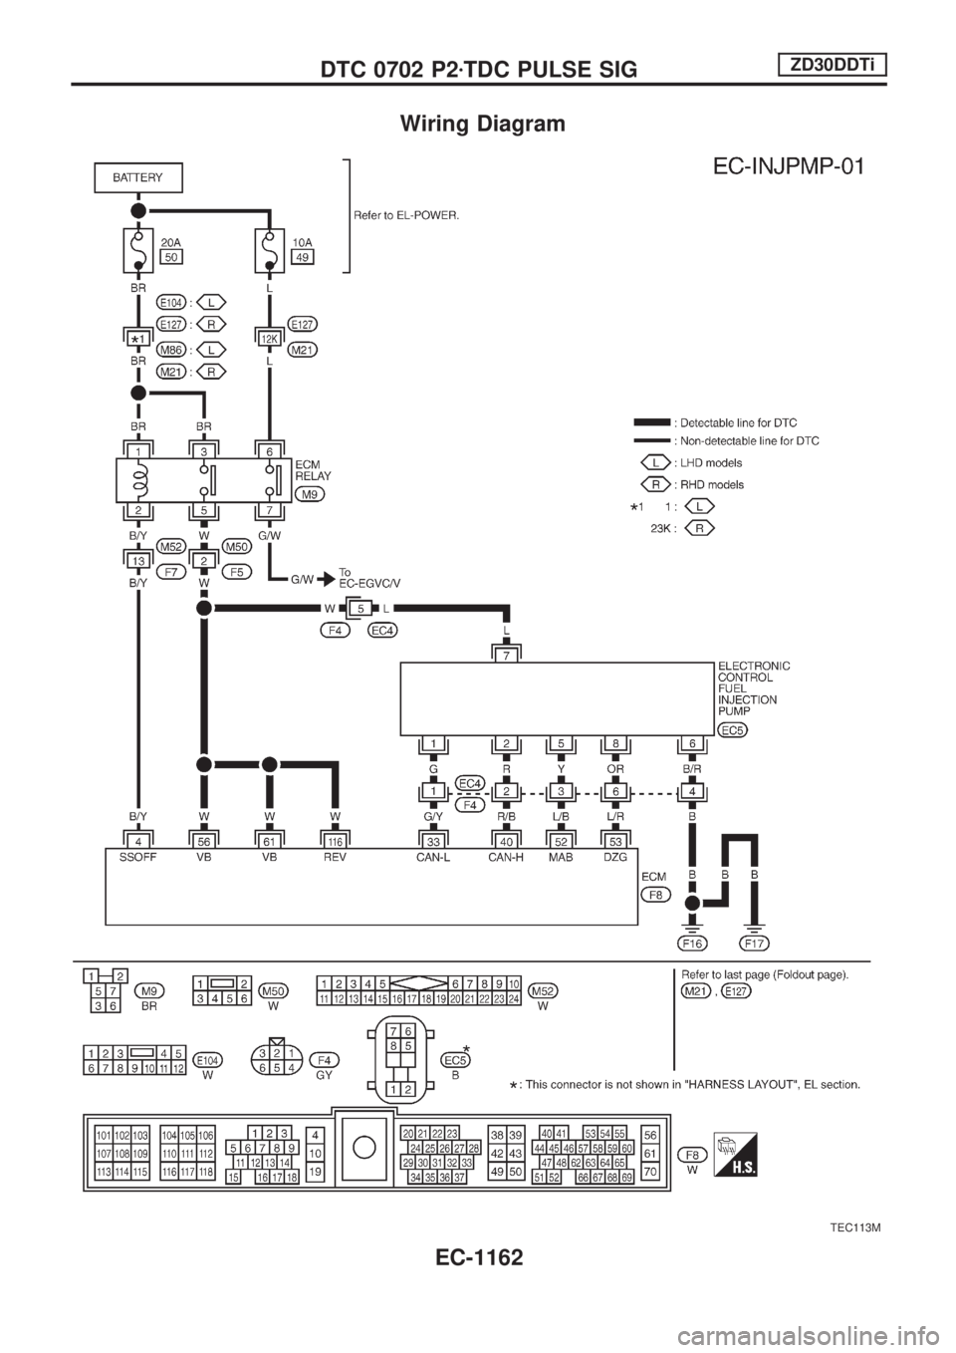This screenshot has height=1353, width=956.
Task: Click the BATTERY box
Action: click(x=138, y=178)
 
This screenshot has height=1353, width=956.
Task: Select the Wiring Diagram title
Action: click(x=482, y=125)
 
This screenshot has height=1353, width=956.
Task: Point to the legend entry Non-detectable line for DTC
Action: click(x=727, y=440)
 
